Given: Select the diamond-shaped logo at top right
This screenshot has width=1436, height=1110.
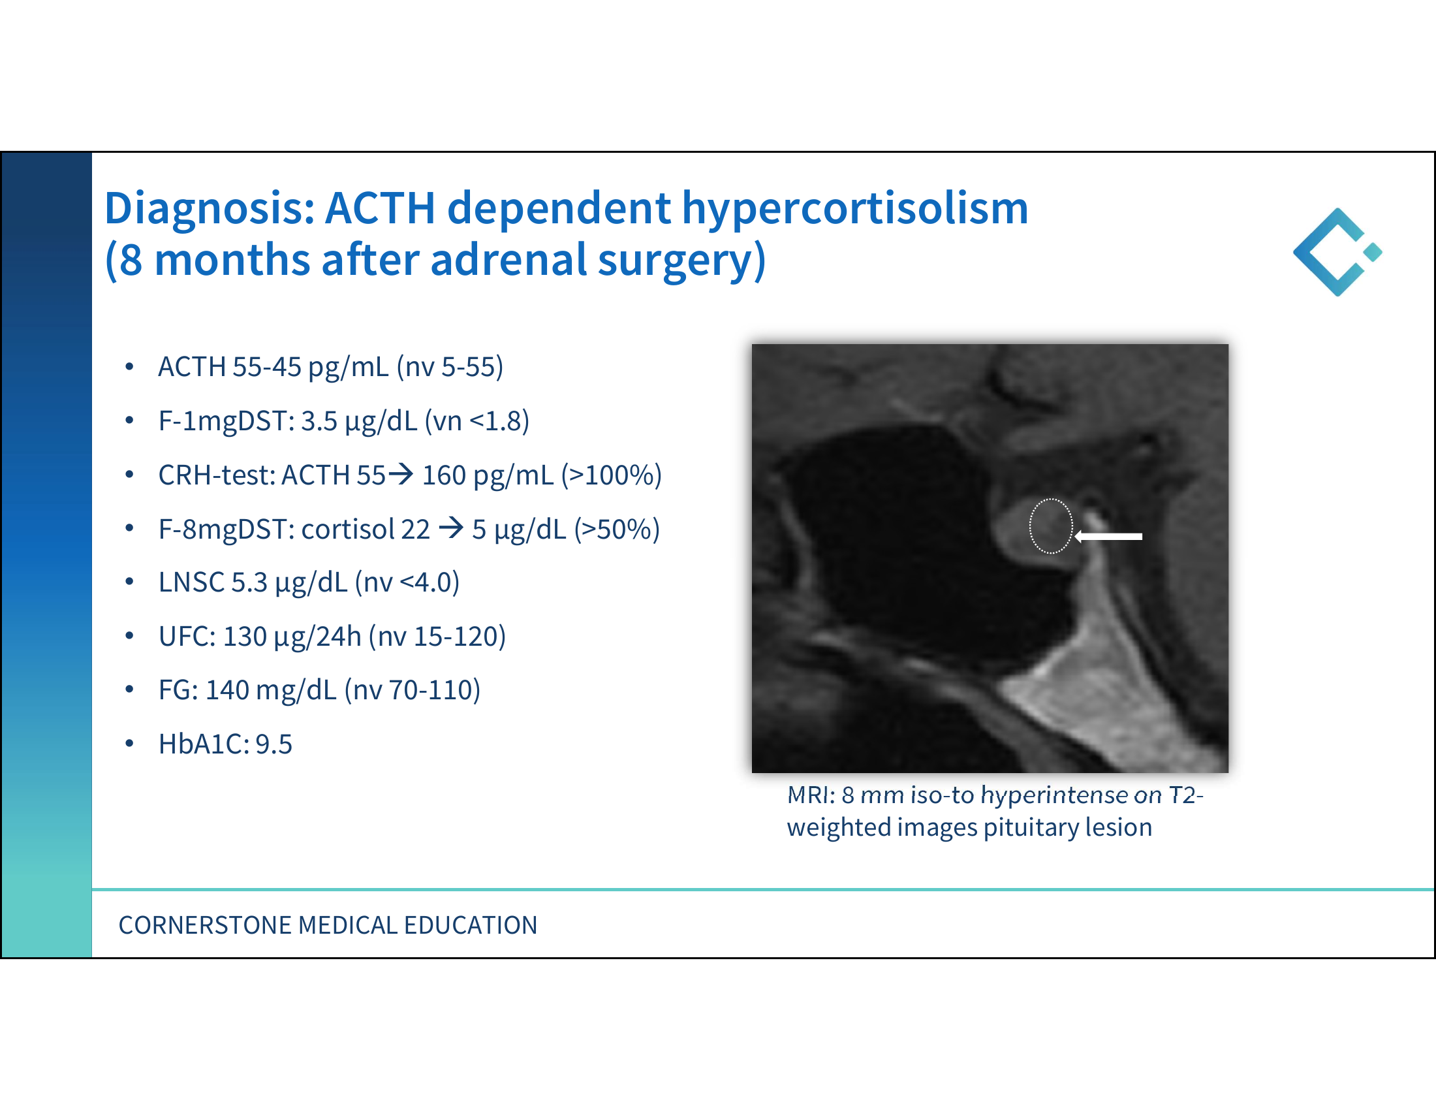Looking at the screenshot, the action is [1337, 252].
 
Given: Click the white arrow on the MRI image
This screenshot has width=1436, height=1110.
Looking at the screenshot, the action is [1108, 537].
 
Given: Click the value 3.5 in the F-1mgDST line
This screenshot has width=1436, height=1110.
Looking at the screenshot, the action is [319, 421].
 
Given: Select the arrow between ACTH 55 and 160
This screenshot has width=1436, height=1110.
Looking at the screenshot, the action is [401, 474].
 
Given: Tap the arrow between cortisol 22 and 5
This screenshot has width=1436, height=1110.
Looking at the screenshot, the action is [451, 528].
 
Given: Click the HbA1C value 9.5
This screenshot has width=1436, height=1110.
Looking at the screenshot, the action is [273, 744].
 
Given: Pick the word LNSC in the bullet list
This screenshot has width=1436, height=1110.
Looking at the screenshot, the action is [191, 582].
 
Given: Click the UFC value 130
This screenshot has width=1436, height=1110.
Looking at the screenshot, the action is [245, 637].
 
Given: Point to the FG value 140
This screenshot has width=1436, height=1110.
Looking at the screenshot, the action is [227, 690].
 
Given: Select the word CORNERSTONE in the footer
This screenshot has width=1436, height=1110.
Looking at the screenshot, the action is [205, 925].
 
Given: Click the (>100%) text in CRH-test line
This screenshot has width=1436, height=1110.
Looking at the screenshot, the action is [611, 475].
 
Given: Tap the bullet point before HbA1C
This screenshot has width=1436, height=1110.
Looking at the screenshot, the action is [129, 744].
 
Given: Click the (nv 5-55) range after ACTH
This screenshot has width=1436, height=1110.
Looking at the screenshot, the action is [450, 367].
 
